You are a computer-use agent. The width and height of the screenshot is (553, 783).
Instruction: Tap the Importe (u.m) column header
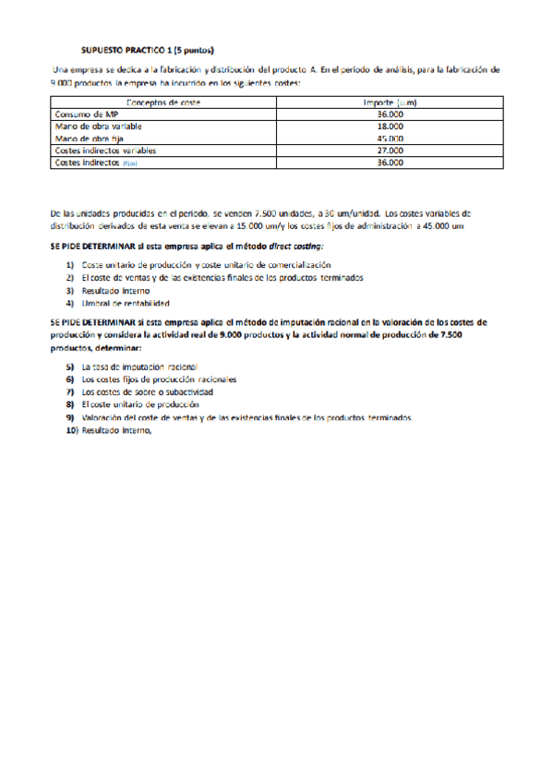[390, 103]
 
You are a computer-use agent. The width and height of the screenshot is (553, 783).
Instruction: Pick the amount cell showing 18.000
[390, 126]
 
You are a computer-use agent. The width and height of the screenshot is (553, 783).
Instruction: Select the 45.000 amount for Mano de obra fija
[390, 139]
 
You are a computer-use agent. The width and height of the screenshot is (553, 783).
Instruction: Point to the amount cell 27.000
[390, 151]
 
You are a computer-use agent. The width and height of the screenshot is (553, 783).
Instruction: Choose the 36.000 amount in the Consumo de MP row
[390, 114]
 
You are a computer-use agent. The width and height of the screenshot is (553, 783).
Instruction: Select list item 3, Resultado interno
[116, 290]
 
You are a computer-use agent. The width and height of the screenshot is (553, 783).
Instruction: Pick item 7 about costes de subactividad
[148, 391]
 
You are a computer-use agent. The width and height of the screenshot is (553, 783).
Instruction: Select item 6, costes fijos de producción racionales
[159, 379]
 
